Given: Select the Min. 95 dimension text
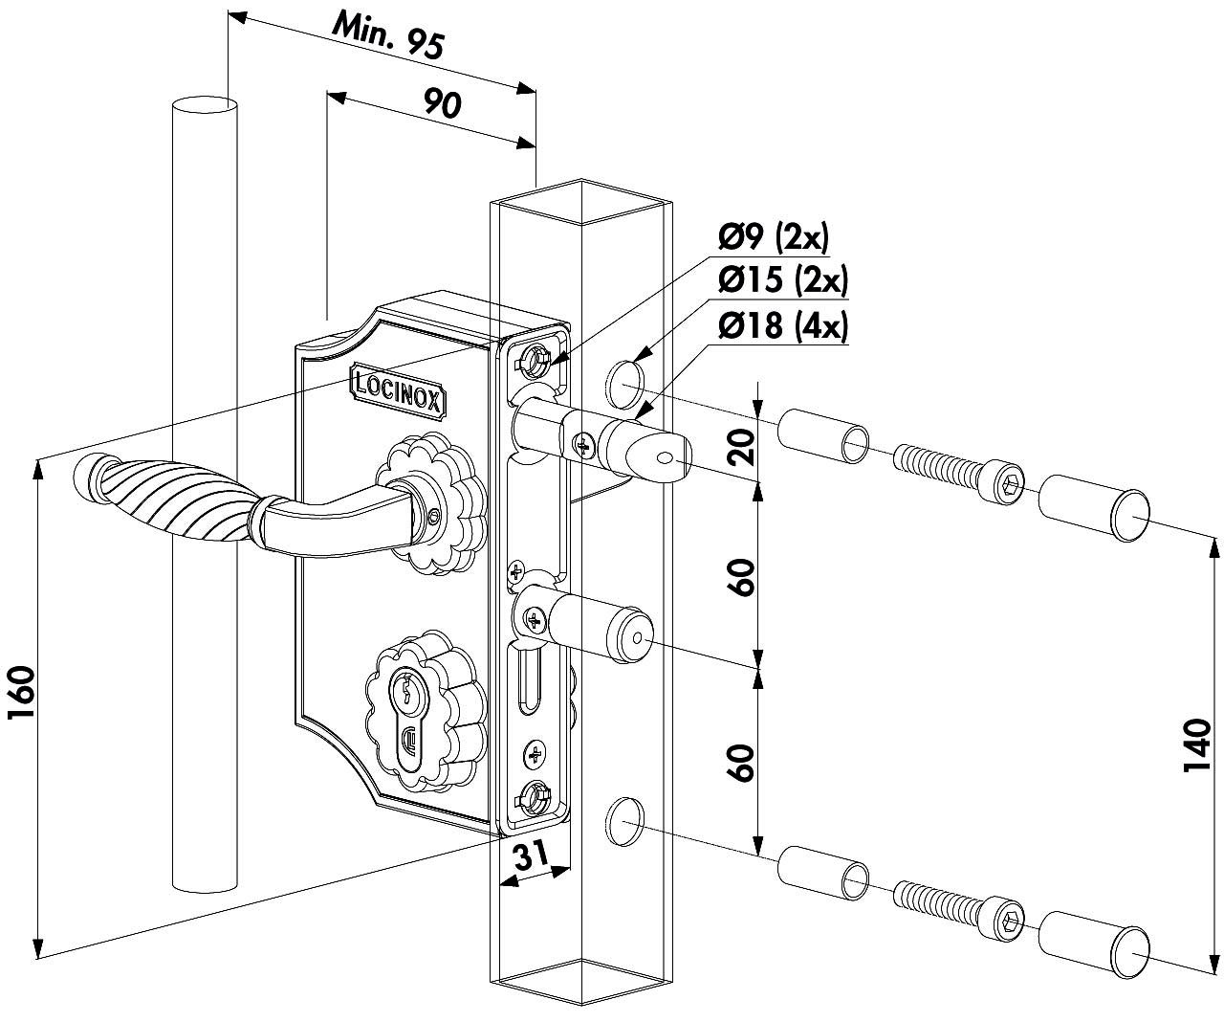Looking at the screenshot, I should point(387,37).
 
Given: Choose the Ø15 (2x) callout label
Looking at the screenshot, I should point(782,280).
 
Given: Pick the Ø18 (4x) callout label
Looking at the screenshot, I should point(782,326).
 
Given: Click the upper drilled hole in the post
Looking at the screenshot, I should point(623,380).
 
